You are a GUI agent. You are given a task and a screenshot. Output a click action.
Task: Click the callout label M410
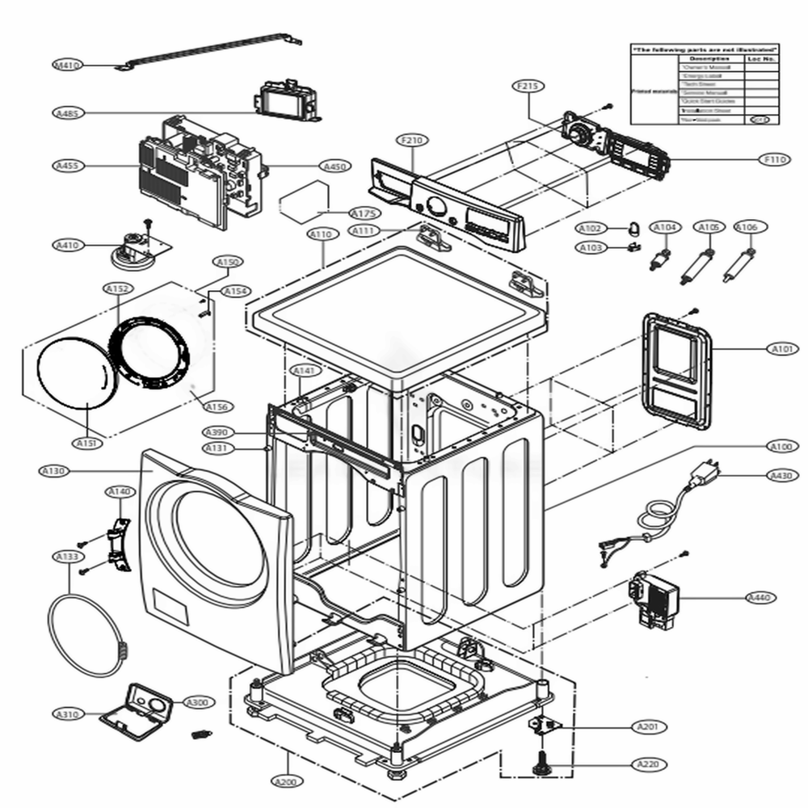pyautogui.click(x=66, y=64)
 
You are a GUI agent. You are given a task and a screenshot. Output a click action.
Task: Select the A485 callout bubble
pyautogui.click(x=67, y=112)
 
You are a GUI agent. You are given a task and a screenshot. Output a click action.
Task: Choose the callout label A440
pyautogui.click(x=760, y=597)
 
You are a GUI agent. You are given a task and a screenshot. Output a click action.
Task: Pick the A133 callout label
pyautogui.click(x=66, y=557)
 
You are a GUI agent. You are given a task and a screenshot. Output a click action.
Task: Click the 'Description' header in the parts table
pyautogui.click(x=709, y=59)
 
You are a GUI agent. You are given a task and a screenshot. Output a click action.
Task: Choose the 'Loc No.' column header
pyautogui.click(x=760, y=59)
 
